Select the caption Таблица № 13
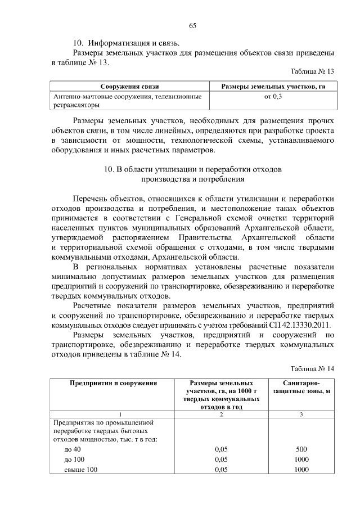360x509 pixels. [x=312, y=72]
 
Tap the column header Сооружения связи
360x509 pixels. [x=129, y=87]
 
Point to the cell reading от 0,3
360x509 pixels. [x=273, y=97]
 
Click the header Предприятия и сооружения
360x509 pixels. [x=112, y=383]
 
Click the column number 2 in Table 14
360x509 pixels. [x=220, y=415]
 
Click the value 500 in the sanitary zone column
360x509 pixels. [x=301, y=449]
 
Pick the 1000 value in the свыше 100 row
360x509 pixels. [x=301, y=470]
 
